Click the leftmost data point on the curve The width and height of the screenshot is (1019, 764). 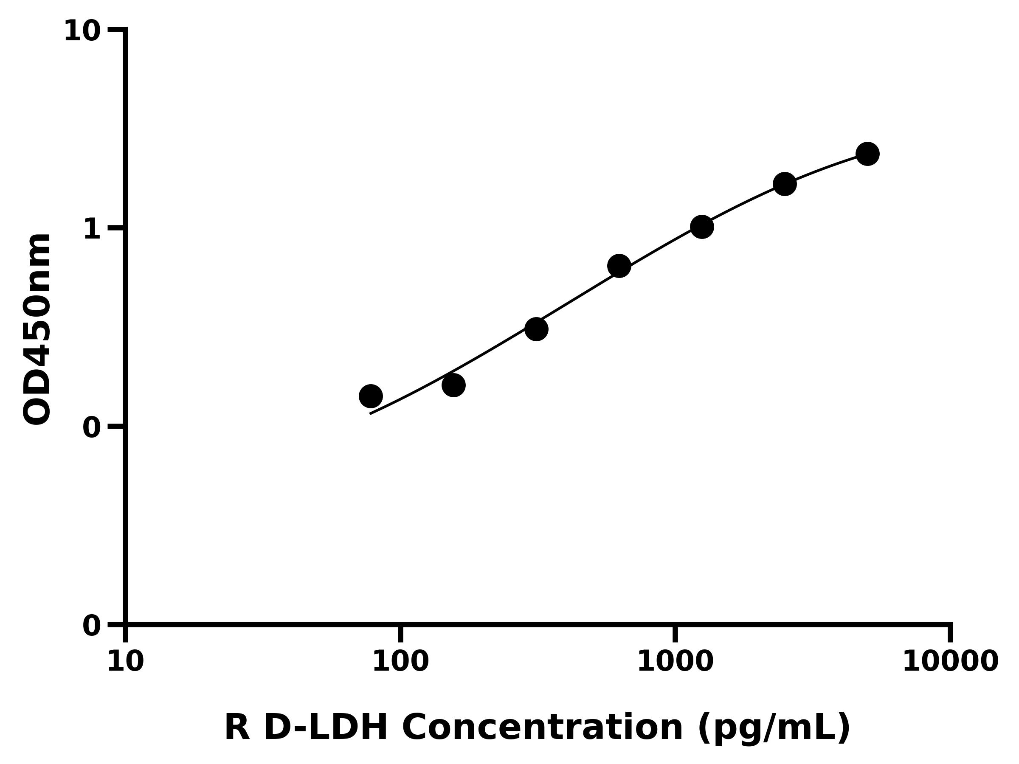coord(370,396)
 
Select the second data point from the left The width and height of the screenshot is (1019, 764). coord(453,385)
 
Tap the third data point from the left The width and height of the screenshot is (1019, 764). coord(536,329)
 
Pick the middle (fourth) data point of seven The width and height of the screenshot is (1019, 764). coord(619,266)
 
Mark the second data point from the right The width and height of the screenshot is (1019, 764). coord(785,184)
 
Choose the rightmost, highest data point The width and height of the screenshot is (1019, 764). coord(867,154)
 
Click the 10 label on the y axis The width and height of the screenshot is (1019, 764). coord(82,32)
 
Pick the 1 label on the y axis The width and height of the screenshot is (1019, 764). coord(92,229)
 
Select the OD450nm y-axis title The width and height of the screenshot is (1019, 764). coord(37,329)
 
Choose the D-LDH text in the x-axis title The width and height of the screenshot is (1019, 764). coord(326,728)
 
